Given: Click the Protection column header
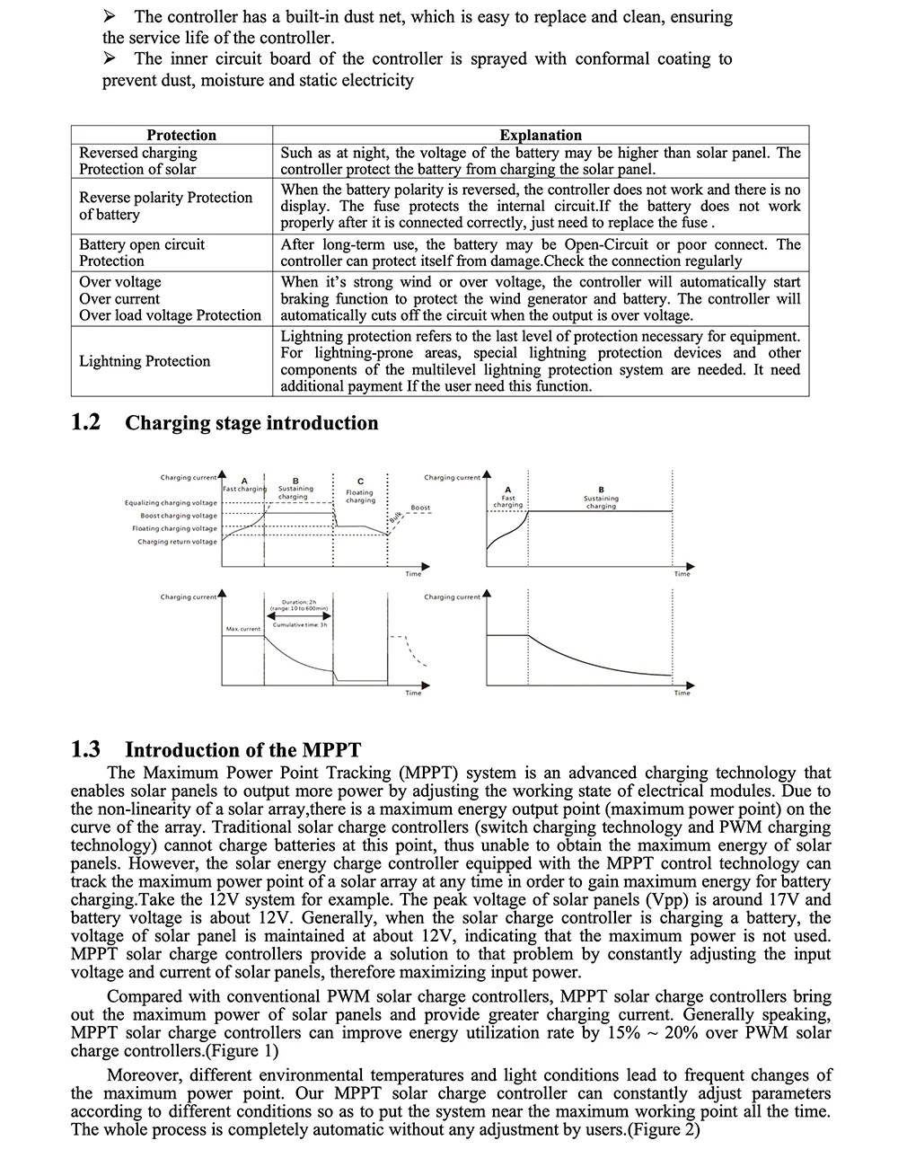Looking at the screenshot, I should [181, 135].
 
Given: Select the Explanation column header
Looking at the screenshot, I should [541, 135].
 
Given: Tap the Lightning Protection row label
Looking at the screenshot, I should [145, 361].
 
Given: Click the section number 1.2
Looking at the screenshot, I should [85, 422].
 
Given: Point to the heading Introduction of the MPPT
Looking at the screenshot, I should [242, 750].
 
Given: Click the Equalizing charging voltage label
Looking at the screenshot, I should [171, 503].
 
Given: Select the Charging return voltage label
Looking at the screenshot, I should [177, 542].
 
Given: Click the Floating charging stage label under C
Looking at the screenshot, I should [360, 496].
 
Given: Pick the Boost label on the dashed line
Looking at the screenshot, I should [420, 508].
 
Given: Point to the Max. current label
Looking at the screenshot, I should [243, 629].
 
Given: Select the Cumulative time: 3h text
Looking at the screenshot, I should [299, 623].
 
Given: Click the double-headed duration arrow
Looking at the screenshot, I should [299, 615].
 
